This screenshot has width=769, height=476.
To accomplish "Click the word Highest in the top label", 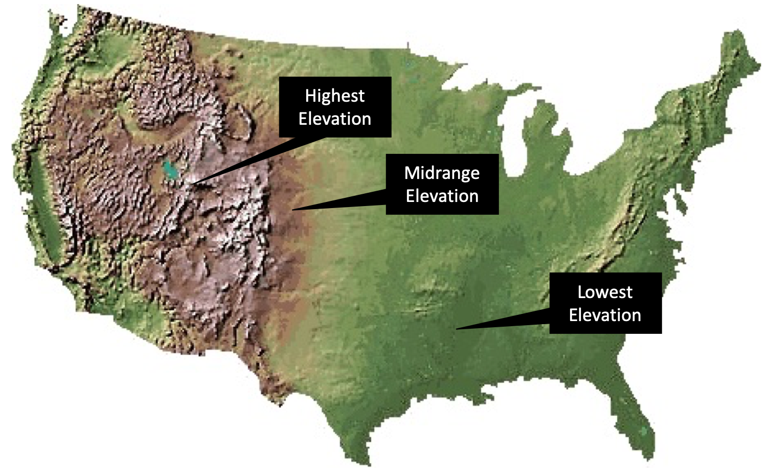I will (335, 96).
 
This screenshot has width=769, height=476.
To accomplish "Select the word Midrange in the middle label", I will (442, 173).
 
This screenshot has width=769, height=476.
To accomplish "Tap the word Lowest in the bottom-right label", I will (605, 292).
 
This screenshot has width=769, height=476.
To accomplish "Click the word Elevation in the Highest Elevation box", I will (335, 119).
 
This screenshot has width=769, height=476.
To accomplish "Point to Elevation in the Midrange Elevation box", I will (442, 196).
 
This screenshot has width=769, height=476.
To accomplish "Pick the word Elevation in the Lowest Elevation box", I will (605, 315).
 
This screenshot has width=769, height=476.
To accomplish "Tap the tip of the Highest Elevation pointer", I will (193, 183).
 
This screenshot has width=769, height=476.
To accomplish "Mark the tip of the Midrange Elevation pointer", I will (292, 210).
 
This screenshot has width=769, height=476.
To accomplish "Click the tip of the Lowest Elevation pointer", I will (457, 329).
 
